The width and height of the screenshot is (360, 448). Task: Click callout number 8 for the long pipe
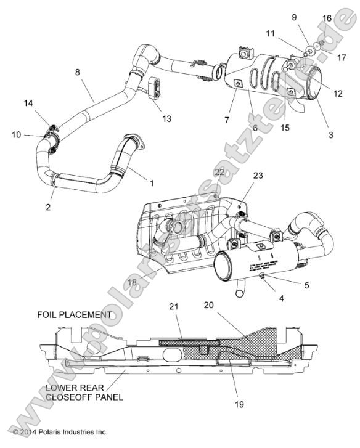pyautogui.click(x=77, y=73)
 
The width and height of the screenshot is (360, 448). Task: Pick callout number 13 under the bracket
pyautogui.click(x=166, y=118)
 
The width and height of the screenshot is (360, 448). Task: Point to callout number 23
pyautogui.click(x=258, y=175)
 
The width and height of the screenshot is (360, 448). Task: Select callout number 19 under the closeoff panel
pyautogui.click(x=239, y=404)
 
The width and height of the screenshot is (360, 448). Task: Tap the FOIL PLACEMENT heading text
pyautogui.click(x=73, y=314)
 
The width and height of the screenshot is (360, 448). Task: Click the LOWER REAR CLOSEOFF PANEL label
pyautogui.click(x=83, y=393)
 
